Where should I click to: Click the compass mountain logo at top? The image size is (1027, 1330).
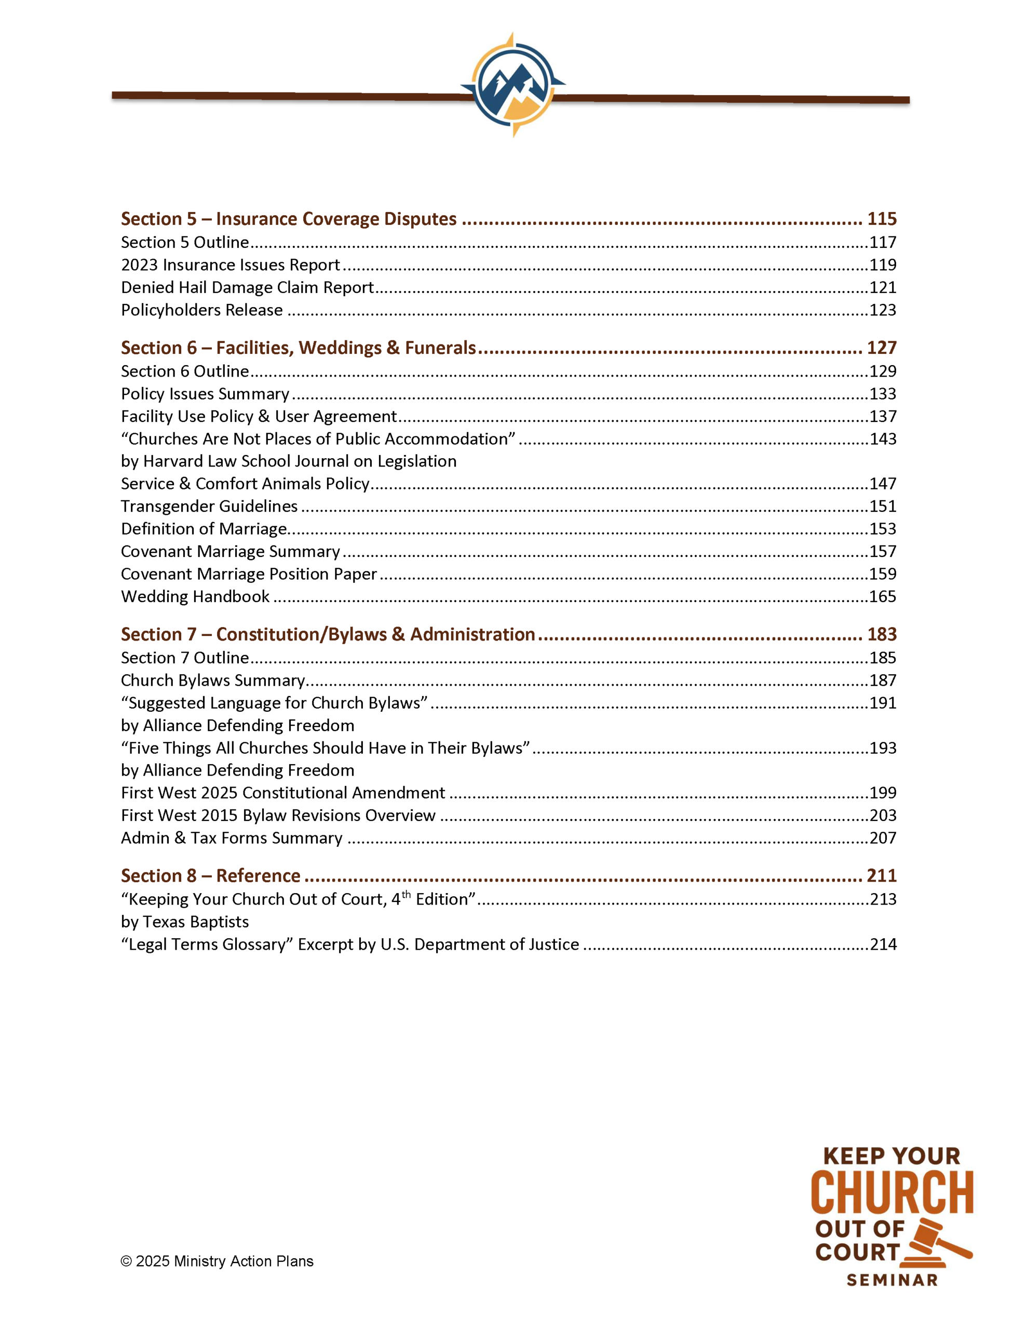tap(512, 85)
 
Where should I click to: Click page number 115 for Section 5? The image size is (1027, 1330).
tap(882, 219)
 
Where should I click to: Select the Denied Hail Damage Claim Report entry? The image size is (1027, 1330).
tap(247, 287)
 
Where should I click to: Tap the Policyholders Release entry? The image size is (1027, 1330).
tap(201, 310)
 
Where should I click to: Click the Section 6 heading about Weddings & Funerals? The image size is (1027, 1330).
tap(299, 348)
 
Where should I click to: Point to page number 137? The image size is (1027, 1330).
tap(883, 417)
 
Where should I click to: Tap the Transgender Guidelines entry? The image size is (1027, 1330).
tap(209, 507)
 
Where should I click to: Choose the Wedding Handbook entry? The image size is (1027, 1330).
tap(195, 597)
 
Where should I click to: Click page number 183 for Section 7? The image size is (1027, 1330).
tap(882, 634)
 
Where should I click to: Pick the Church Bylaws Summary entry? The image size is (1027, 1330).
tap(212, 681)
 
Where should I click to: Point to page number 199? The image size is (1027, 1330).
tap(883, 793)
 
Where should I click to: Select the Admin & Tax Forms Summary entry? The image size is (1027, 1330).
tap(232, 839)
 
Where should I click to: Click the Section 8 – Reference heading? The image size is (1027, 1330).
tap(210, 876)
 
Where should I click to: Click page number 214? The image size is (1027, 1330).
tap(883, 945)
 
